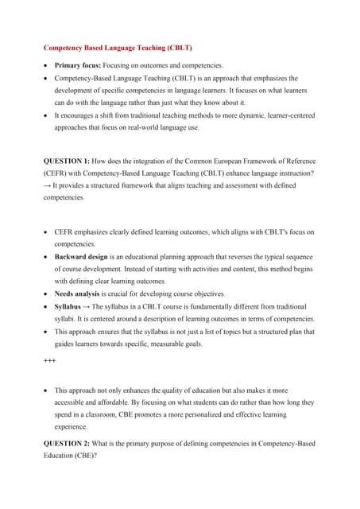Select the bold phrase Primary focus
tap(79, 64)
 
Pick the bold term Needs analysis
tap(77, 293)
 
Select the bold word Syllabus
tap(71, 306)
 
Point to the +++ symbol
tap(49, 360)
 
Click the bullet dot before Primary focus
tap(45, 65)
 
